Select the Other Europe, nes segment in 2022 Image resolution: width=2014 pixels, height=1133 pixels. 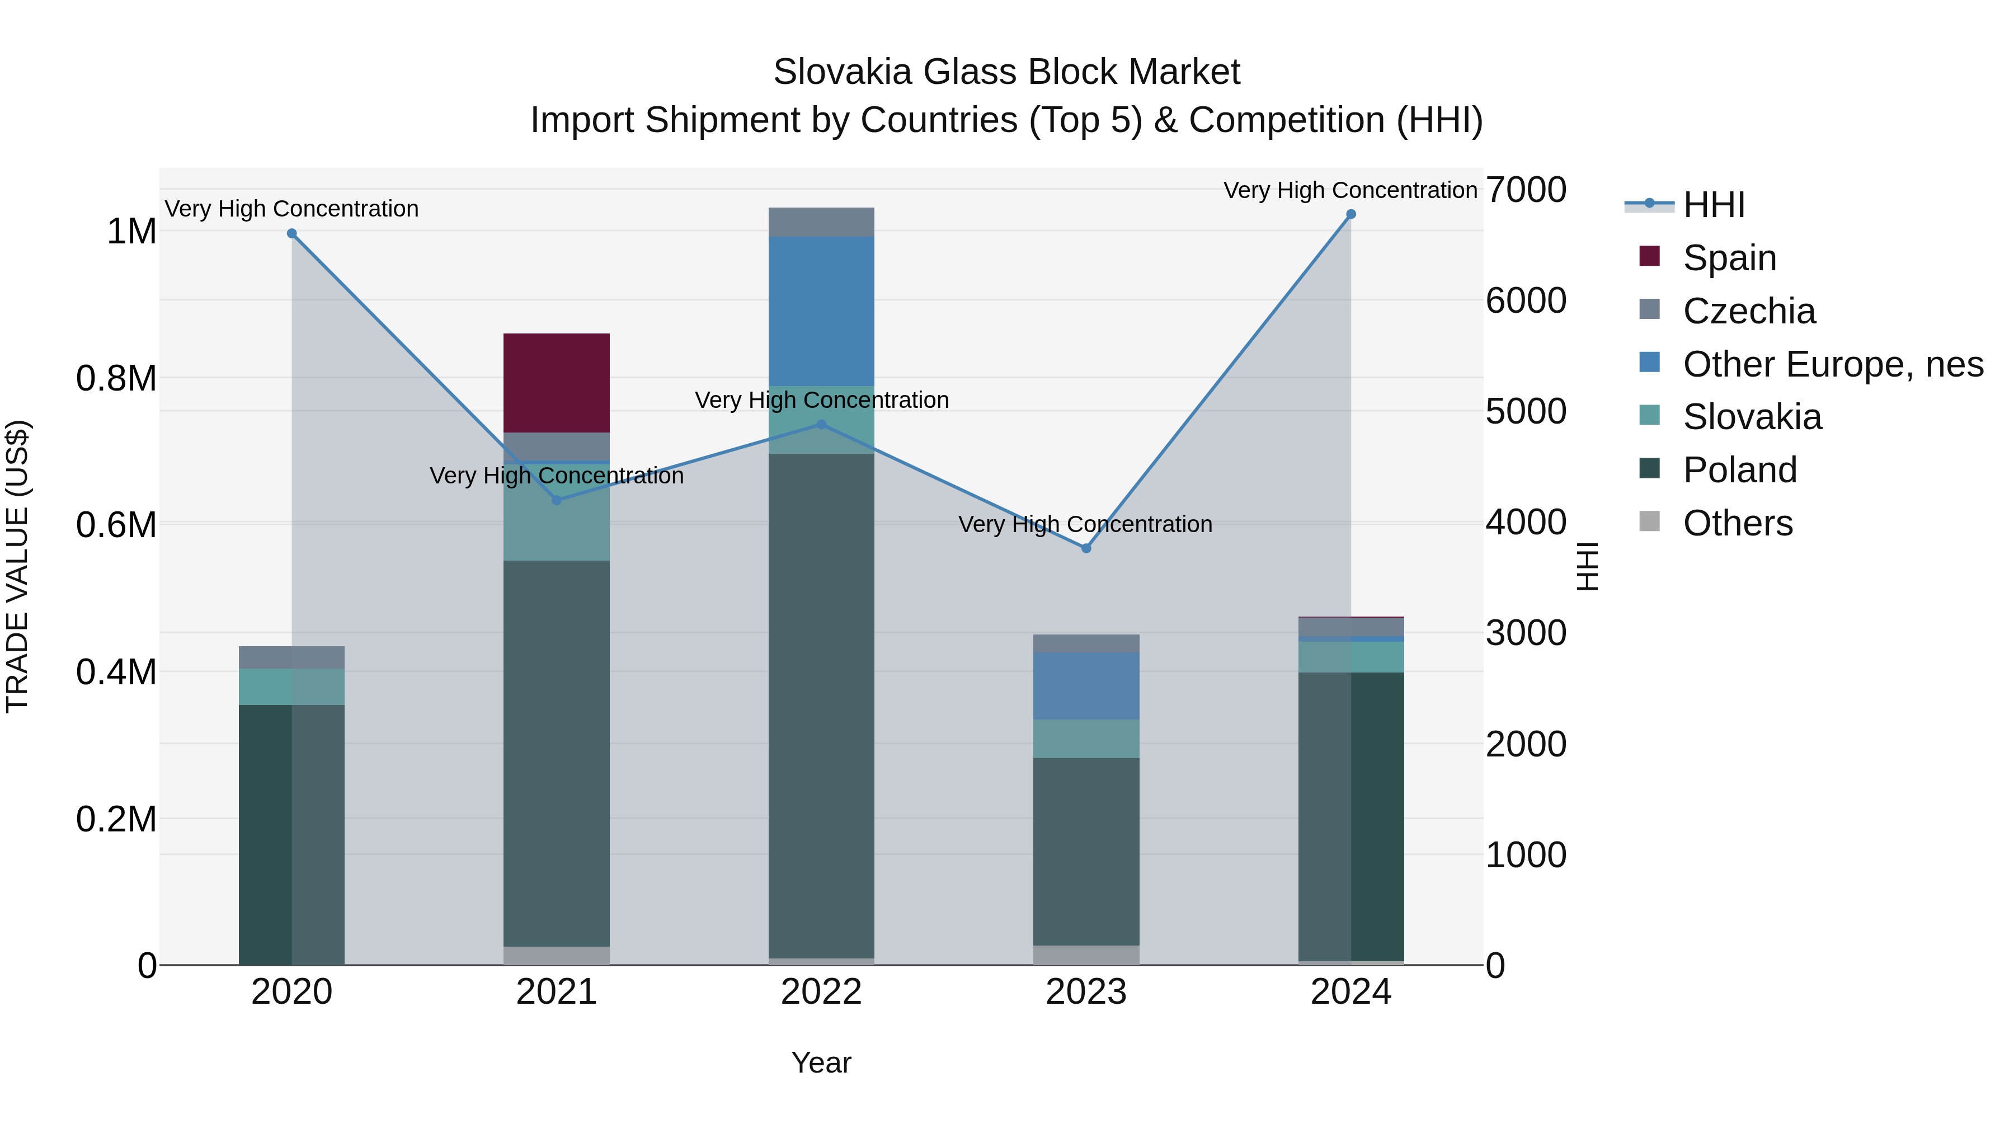point(821,311)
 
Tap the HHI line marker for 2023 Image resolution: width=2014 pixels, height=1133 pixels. point(1085,548)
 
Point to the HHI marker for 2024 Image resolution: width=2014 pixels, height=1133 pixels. point(1350,214)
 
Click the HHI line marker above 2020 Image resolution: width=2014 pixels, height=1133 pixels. point(291,233)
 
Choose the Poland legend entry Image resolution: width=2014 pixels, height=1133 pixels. point(1739,470)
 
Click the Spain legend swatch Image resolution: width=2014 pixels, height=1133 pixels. point(1649,256)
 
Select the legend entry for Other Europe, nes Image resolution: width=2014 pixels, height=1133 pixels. point(1832,364)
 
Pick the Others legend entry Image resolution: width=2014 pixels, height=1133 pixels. point(1737,523)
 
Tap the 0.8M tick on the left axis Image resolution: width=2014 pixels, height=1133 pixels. point(116,378)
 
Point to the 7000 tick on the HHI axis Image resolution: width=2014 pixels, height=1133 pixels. point(1526,190)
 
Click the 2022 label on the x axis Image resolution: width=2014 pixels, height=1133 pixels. point(821,992)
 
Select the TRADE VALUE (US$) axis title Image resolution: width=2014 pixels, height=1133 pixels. point(17,566)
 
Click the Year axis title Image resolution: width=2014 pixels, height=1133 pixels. point(821,1063)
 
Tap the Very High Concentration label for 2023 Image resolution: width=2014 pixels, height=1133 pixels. point(1085,524)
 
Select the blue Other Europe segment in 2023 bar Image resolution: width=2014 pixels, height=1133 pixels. point(1085,686)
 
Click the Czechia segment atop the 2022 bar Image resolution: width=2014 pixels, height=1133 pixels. point(821,222)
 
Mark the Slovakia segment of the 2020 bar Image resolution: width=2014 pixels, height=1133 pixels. point(291,687)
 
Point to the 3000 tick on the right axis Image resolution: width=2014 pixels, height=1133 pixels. point(1526,633)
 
